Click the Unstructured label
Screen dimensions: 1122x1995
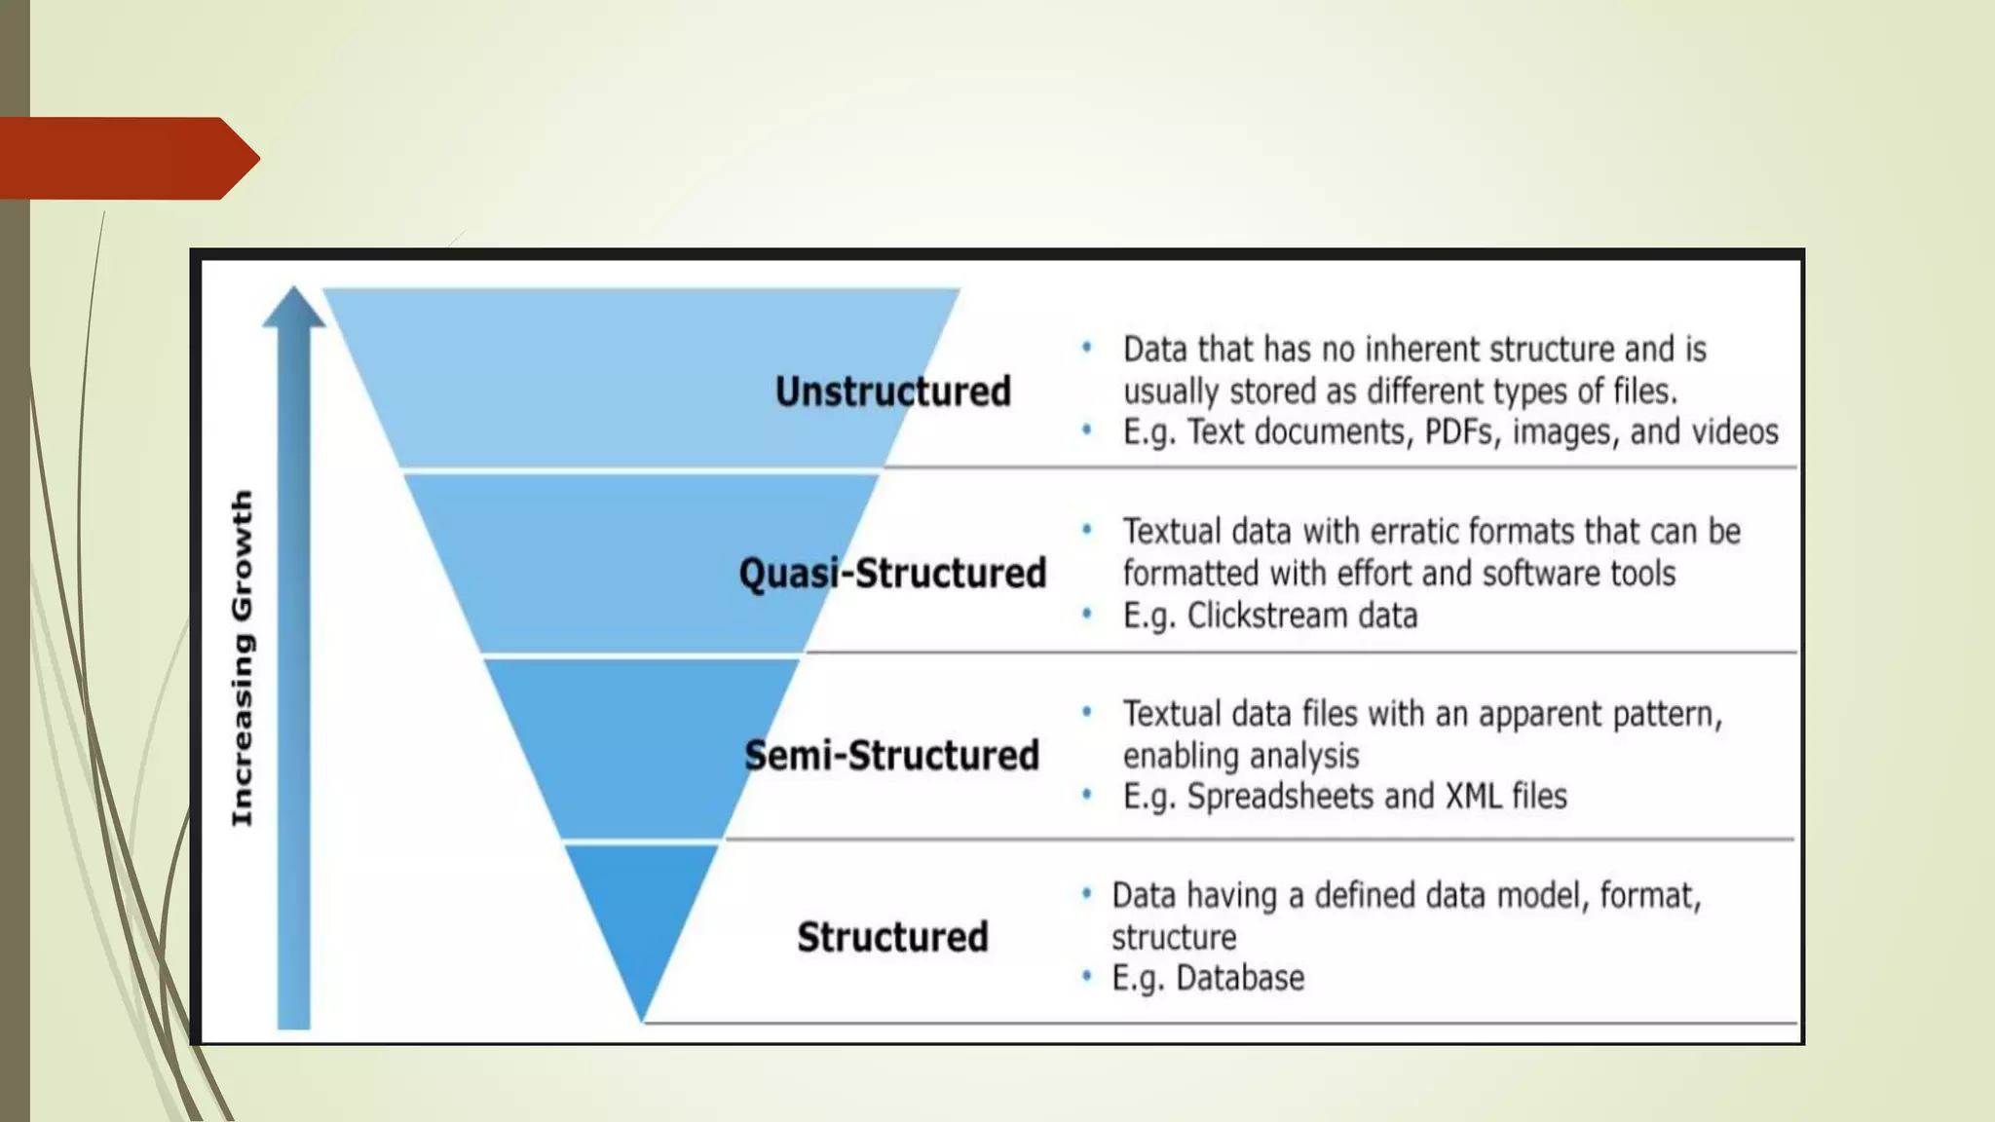click(x=892, y=392)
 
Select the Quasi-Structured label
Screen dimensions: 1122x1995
click(x=892, y=573)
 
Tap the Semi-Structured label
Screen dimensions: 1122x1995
click(x=892, y=756)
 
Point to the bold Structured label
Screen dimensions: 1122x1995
click(x=892, y=937)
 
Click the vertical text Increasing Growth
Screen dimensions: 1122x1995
click(x=242, y=658)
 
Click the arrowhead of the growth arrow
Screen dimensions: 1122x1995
click(x=294, y=308)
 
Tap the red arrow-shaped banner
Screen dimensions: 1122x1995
click(x=127, y=158)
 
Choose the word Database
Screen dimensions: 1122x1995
click(x=1240, y=978)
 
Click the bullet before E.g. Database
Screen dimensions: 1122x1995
click(x=1086, y=976)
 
